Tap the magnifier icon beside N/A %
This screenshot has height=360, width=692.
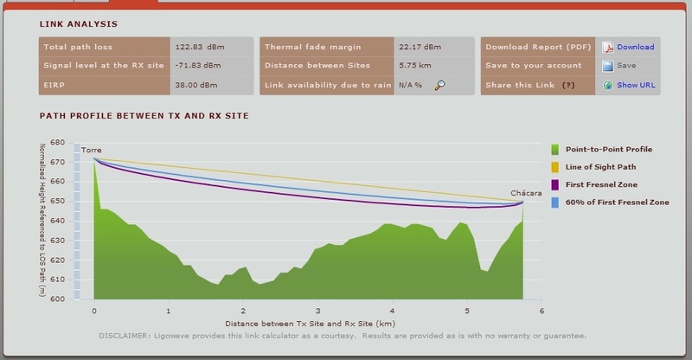coord(440,85)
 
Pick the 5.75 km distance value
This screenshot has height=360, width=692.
coord(412,66)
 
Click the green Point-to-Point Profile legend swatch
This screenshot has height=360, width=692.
coord(557,150)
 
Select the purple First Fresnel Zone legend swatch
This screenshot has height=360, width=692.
coord(557,185)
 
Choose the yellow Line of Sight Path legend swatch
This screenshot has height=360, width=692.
coord(557,167)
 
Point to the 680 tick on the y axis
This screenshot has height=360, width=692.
coord(58,142)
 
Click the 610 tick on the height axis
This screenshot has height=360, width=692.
coord(58,280)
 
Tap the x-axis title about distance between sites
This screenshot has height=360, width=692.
coord(318,322)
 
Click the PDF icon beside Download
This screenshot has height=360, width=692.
coord(608,47)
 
